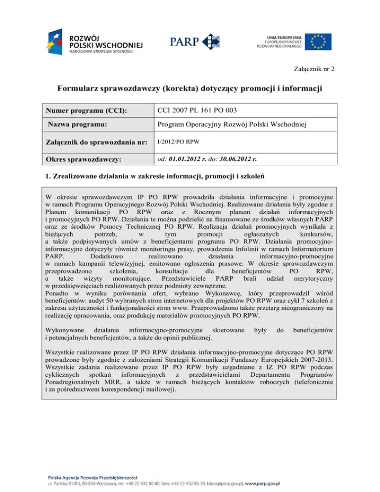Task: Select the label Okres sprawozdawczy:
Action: point(85,160)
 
